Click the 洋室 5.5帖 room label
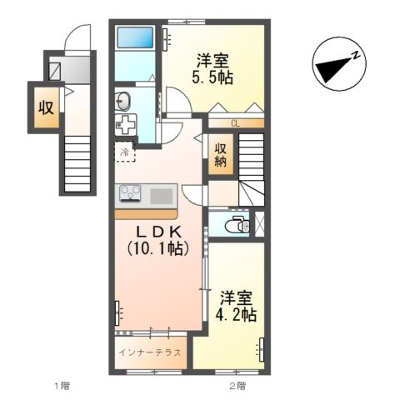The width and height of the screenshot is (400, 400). [x=212, y=69]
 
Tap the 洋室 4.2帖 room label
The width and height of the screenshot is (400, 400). [x=236, y=306]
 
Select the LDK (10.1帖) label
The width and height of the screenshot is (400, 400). [x=158, y=240]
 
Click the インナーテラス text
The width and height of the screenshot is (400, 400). [x=150, y=352]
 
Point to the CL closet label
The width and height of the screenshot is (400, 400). [x=235, y=123]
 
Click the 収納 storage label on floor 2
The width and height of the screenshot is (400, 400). [x=221, y=156]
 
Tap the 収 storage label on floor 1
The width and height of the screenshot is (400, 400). [x=46, y=107]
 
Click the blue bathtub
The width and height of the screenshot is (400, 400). [x=135, y=37]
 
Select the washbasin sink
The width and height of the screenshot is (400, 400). [x=123, y=100]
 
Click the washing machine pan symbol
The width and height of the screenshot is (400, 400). [x=126, y=124]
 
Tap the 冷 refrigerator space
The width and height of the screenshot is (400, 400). [x=125, y=152]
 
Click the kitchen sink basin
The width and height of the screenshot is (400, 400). [x=162, y=196]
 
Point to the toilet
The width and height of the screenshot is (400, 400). [x=237, y=225]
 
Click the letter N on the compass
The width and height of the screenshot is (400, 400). [x=355, y=55]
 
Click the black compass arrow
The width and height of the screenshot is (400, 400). [x=334, y=69]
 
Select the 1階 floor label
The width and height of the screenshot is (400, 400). [x=62, y=386]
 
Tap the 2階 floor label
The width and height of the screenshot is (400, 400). [x=237, y=386]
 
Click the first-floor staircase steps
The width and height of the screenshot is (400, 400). [x=77, y=163]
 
